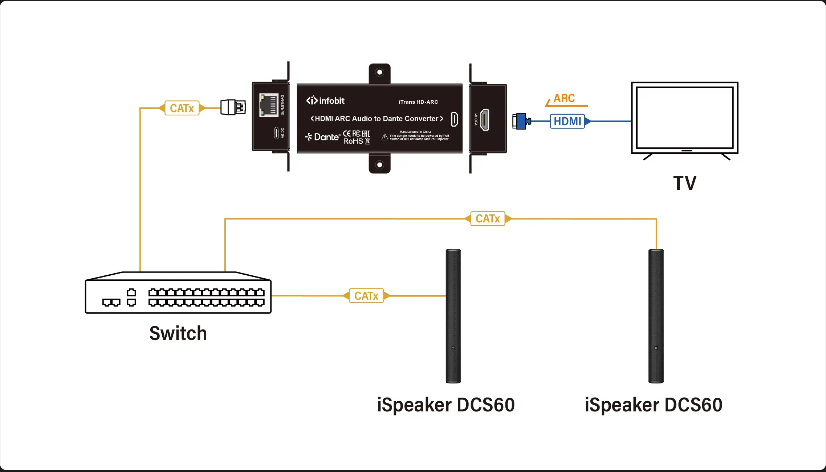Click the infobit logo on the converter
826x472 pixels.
coord(325,100)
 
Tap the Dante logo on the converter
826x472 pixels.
coord(323,137)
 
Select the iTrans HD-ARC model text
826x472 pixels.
coord(418,102)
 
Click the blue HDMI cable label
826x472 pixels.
coord(567,121)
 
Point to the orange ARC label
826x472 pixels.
coord(564,98)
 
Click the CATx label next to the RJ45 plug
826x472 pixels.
coord(182,108)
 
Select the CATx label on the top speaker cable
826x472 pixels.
coord(488,219)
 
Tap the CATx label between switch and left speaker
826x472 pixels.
coord(366,296)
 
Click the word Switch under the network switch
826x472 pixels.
coord(178,333)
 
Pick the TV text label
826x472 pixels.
coord(685,183)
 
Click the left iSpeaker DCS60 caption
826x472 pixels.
coord(446,405)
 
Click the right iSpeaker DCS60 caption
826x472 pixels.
coord(654,405)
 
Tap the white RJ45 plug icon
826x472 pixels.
coord(233,107)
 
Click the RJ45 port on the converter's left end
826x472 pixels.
coord(268,105)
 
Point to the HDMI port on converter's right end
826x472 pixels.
coord(485,120)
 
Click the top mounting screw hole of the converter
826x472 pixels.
coord(379,72)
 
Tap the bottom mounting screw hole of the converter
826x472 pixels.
coord(379,165)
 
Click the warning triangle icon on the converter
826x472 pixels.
coord(385,137)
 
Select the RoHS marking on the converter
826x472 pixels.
coord(353,141)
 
